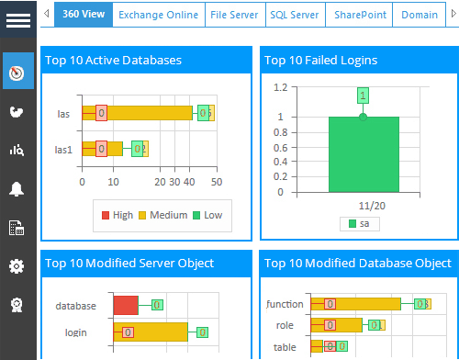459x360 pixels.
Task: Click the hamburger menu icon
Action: pyautogui.click(x=18, y=20)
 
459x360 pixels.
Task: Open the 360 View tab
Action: pyautogui.click(x=82, y=15)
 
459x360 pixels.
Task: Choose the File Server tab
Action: pyautogui.click(x=234, y=15)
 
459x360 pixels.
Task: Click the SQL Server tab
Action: pyautogui.click(x=294, y=15)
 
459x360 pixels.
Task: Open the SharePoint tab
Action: pyautogui.click(x=359, y=15)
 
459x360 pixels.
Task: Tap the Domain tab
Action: pyautogui.click(x=419, y=15)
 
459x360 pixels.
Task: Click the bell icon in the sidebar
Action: pyautogui.click(x=17, y=189)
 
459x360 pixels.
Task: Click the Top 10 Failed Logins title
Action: pyautogui.click(x=320, y=61)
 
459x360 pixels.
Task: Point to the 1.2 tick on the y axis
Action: pyautogui.click(x=280, y=88)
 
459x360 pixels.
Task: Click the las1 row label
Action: pyautogui.click(x=63, y=148)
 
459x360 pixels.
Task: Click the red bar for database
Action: pyautogui.click(x=126, y=305)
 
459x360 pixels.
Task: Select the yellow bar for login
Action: pyautogui.click(x=151, y=332)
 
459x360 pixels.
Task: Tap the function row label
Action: pyautogui.click(x=284, y=304)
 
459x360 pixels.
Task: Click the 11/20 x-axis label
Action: pyautogui.click(x=364, y=205)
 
